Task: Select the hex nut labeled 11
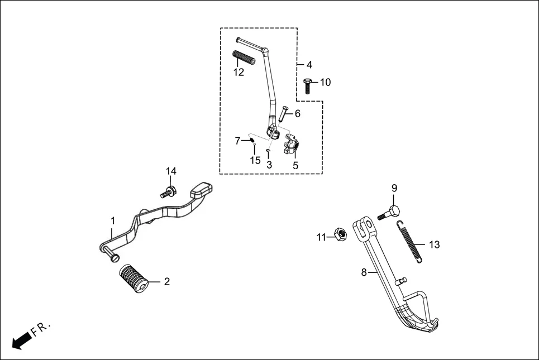click(x=338, y=234)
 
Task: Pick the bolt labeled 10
click(x=308, y=85)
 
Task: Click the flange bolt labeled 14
click(x=169, y=191)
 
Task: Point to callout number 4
click(x=309, y=65)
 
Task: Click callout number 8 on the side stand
click(x=364, y=272)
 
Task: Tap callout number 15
click(x=255, y=161)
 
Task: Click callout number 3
click(x=269, y=165)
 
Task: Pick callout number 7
click(x=237, y=141)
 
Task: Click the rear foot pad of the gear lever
click(x=200, y=190)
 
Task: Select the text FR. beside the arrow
click(x=41, y=328)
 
